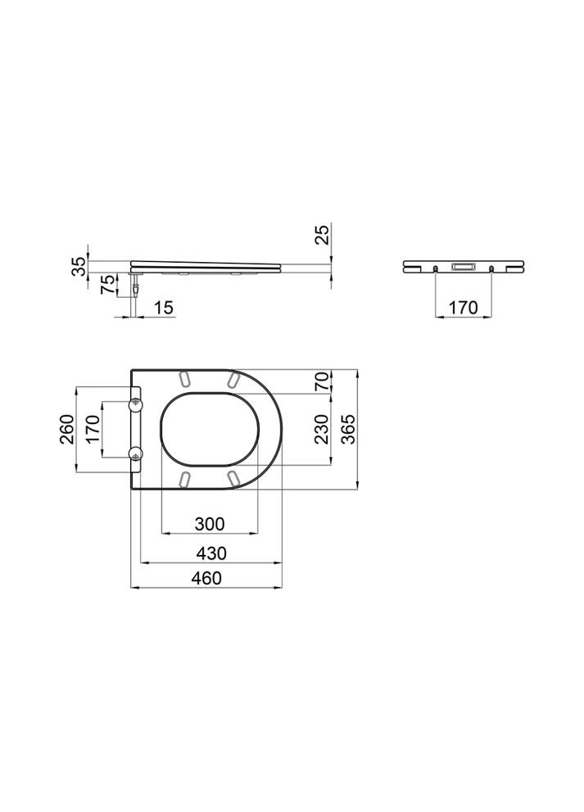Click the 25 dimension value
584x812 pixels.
click(324, 235)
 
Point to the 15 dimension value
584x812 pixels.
click(163, 307)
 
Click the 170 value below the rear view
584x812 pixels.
click(464, 308)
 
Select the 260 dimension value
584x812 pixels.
click(67, 428)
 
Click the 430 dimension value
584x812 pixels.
click(210, 553)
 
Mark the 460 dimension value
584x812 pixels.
click(208, 578)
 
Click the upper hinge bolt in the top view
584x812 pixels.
click(136, 404)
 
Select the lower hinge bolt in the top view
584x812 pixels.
click(136, 453)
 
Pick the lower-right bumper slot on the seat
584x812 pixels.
click(233, 477)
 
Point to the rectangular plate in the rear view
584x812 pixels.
click(463, 267)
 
